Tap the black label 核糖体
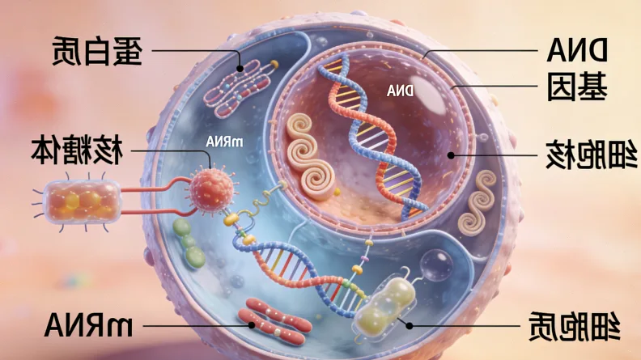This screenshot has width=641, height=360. (77, 150)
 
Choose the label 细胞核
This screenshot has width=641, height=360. (575, 154)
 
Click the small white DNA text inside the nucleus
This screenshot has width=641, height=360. (401, 91)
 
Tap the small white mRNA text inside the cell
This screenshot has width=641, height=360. (225, 142)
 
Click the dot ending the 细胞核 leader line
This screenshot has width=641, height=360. (451, 154)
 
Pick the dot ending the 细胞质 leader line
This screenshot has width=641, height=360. (410, 324)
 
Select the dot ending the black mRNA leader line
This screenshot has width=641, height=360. (252, 324)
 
